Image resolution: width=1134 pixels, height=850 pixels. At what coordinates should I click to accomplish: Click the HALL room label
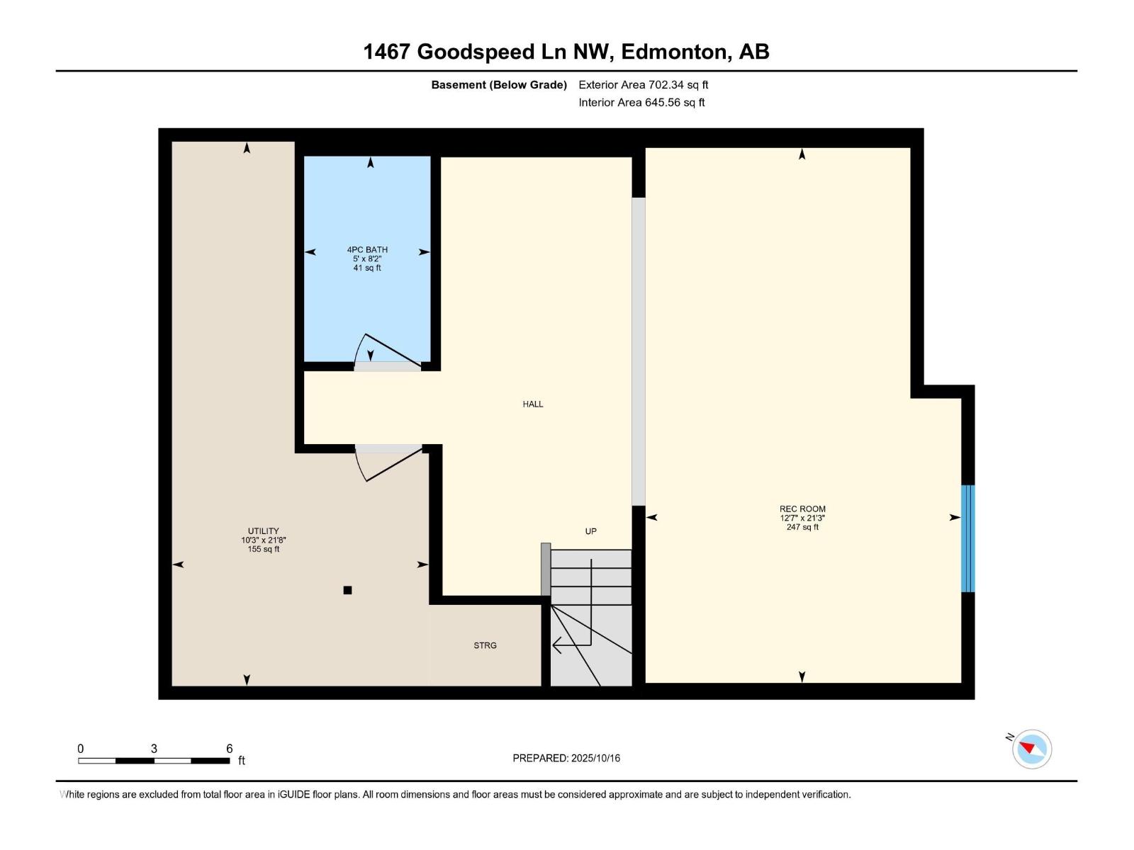click(533, 404)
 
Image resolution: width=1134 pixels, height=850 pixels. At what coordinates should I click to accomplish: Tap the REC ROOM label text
click(802, 509)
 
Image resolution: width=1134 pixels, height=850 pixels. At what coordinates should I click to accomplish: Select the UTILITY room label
click(263, 531)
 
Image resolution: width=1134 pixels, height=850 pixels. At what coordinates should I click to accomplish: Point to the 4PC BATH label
click(367, 249)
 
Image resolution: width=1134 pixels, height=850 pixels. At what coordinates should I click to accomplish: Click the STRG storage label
click(485, 645)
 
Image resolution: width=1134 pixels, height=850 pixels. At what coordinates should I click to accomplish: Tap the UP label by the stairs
click(590, 531)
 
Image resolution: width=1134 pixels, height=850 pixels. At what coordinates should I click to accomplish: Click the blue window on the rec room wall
click(967, 538)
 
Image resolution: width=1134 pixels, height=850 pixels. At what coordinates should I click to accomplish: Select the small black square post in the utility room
click(347, 590)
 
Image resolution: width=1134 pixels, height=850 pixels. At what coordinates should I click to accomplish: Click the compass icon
click(1032, 749)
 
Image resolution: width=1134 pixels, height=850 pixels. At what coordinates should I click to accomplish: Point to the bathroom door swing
click(386, 351)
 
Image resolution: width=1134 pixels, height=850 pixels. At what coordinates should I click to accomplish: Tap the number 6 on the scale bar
click(229, 749)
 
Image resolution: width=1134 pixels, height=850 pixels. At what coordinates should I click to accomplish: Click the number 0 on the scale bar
click(81, 749)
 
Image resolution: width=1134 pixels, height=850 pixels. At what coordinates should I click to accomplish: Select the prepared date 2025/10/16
click(595, 758)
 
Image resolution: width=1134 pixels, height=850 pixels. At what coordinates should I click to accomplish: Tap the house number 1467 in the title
click(387, 52)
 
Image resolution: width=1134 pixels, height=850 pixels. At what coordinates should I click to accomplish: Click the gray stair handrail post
click(546, 569)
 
